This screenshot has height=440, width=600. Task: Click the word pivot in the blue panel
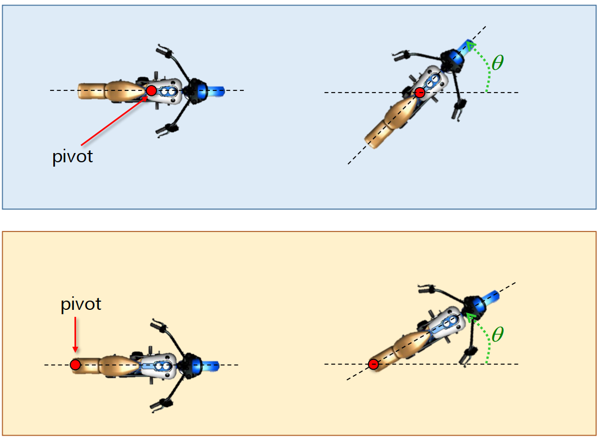(x=73, y=157)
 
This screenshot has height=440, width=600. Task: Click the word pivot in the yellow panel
(x=81, y=304)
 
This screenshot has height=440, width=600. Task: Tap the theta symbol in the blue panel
(x=497, y=63)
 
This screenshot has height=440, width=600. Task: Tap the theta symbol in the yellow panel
(x=497, y=334)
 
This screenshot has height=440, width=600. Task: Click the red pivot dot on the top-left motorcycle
(x=151, y=90)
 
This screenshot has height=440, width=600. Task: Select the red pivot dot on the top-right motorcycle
(x=420, y=93)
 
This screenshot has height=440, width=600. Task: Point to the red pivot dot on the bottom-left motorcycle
(x=75, y=364)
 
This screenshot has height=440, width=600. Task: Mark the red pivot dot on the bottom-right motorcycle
(x=373, y=364)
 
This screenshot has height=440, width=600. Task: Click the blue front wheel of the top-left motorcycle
(x=212, y=90)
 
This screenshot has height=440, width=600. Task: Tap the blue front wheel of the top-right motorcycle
(x=466, y=47)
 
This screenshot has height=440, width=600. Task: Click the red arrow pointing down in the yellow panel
(x=75, y=335)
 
